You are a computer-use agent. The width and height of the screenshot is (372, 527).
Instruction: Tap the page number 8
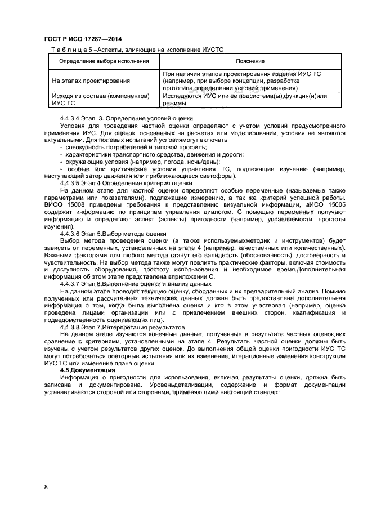[46, 486]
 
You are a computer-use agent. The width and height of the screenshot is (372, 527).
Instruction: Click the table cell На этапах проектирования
[91, 81]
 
